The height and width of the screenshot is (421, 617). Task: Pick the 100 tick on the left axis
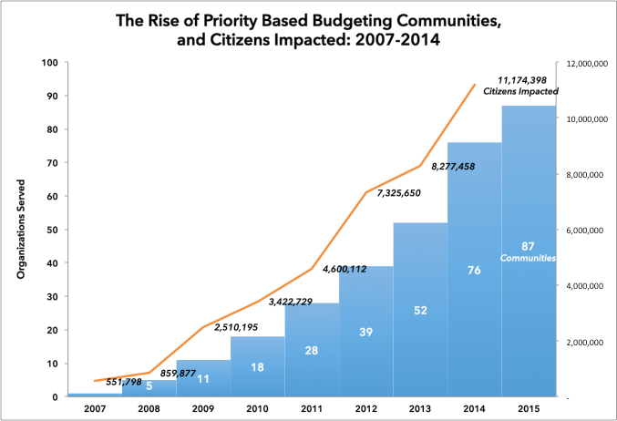point(50,63)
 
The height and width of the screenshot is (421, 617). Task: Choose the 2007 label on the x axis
point(95,406)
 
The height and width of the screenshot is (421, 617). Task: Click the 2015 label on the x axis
point(530,406)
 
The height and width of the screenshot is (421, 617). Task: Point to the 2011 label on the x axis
point(313,406)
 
